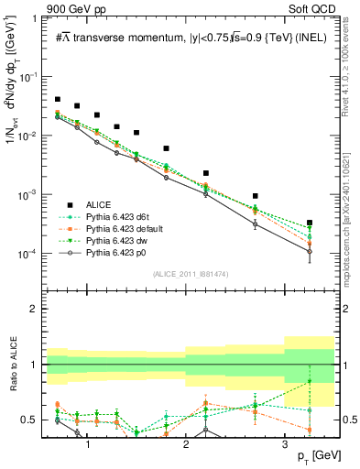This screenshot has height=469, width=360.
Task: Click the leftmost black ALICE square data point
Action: [58, 99]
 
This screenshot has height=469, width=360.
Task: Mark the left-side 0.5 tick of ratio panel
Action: [33, 420]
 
